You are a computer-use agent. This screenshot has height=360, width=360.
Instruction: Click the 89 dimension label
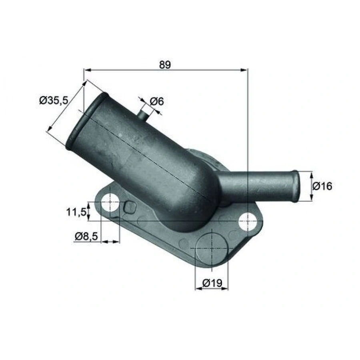coord(164,64)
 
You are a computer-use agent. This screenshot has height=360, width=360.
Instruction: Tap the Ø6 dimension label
coord(157,102)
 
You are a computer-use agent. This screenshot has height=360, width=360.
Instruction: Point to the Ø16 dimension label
coord(322,186)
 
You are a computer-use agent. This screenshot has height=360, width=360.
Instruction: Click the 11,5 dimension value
coord(76,212)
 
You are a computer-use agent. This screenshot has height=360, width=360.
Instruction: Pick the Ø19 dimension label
coord(212,283)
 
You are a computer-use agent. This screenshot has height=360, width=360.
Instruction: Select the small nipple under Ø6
coord(143,114)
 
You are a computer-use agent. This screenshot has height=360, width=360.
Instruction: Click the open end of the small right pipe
coord(296,186)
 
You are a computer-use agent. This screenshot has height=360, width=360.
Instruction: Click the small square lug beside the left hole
coord(130,207)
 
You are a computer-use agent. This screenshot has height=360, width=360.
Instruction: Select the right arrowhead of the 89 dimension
coord(245,70)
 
